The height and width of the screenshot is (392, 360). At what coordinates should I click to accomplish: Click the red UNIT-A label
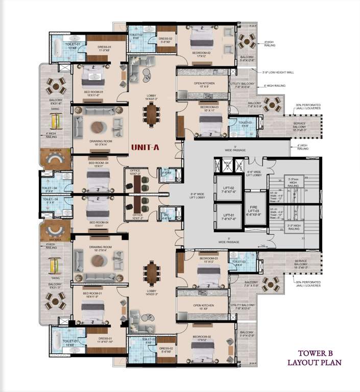pos(146,147)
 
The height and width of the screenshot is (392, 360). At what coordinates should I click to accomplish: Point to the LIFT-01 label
pos(228,216)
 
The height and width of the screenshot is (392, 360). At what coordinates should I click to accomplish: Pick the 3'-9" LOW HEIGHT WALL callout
pos(278,72)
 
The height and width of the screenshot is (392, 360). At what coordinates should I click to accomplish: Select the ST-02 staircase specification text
pos(276,196)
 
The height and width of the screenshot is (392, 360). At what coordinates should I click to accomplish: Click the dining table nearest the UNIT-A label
pos(152,112)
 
